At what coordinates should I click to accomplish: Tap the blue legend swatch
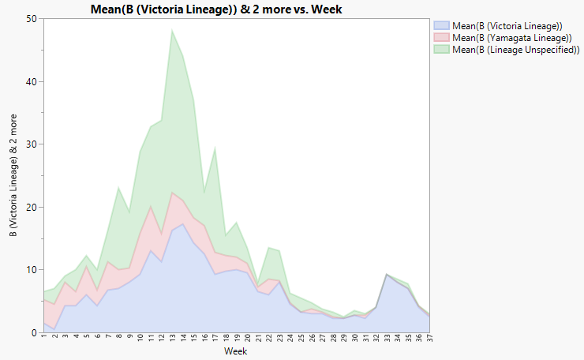click(441, 24)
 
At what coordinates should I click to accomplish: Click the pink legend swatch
click(441, 36)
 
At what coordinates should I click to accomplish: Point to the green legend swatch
click(441, 48)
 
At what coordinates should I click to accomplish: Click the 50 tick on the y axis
click(30, 19)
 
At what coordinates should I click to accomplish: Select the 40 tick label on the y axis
click(30, 82)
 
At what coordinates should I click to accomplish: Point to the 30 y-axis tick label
click(30, 144)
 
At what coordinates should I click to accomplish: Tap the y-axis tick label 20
click(30, 207)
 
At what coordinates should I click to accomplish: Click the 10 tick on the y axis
click(30, 270)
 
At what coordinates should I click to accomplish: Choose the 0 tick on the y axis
click(32, 332)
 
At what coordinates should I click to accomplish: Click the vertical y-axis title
click(13, 176)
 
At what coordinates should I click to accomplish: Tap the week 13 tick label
click(172, 339)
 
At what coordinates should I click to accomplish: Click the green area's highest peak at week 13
click(172, 31)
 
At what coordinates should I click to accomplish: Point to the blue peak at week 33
click(387, 275)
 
